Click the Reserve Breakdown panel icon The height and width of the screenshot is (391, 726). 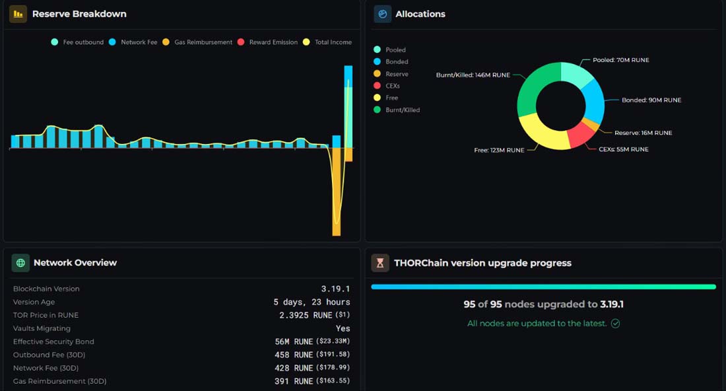pos(18,14)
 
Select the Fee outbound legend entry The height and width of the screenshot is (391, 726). pos(77,42)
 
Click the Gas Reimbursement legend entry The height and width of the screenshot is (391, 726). pos(197,42)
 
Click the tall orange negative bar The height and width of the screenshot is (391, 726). pos(337,192)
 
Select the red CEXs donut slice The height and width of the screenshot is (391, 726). pos(581,134)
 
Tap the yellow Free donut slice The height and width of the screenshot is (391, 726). pos(543,133)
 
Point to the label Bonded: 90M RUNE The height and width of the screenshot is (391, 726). pos(651,100)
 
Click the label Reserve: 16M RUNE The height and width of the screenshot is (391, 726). pos(643,133)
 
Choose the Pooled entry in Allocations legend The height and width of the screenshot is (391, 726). pos(389,50)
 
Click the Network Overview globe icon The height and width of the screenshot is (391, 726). pos(20,263)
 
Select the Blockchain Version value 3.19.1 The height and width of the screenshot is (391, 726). pos(336,289)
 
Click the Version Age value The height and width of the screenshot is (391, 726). pos(312,302)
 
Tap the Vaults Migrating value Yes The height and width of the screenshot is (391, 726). pos(343,328)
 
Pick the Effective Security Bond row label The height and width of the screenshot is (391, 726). pos(53,341)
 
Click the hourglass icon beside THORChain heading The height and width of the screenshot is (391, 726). pos(380,263)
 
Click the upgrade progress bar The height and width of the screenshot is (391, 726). pos(544,287)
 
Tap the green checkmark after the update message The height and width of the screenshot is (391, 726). pos(615,324)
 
